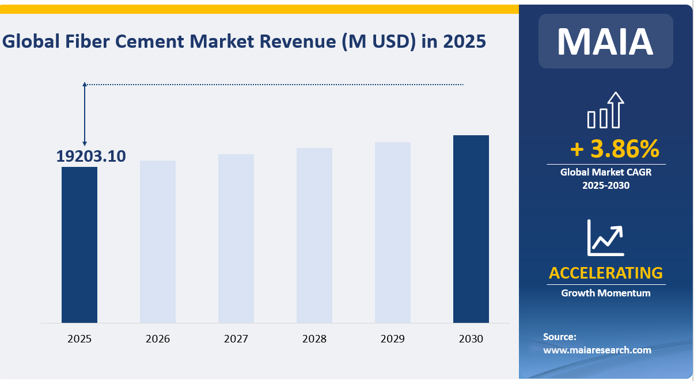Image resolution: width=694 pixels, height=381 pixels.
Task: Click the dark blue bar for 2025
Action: [x=79, y=245]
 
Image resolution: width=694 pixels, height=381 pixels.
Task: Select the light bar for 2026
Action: [x=158, y=242]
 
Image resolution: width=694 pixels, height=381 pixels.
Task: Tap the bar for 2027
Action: [x=236, y=238]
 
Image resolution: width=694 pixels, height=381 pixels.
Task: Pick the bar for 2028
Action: [x=314, y=235]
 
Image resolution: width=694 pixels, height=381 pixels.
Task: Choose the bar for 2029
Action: [x=393, y=233]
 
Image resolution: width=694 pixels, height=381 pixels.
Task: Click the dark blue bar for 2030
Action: [x=471, y=229]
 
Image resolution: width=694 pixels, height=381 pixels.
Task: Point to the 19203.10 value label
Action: [x=91, y=156]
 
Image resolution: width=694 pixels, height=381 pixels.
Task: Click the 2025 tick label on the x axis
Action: [x=79, y=339]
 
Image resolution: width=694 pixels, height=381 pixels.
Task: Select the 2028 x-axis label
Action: [x=314, y=339]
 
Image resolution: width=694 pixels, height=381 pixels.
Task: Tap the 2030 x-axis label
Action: [x=471, y=339]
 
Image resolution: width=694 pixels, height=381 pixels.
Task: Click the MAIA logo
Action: [x=605, y=41]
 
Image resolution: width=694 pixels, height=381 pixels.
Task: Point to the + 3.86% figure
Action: [x=615, y=149]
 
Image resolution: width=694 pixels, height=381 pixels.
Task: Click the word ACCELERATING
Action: [x=606, y=273]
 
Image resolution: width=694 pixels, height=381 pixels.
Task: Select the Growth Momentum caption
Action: [x=606, y=293]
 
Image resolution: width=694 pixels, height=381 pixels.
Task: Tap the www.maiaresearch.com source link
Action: [x=597, y=349]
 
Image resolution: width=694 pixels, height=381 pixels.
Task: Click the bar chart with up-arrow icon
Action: [x=605, y=110]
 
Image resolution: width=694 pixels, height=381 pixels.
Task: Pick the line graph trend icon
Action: [x=605, y=237]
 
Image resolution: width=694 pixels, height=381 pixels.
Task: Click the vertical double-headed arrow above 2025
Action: [x=85, y=113]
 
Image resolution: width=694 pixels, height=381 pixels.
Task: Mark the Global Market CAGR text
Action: [x=606, y=172]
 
